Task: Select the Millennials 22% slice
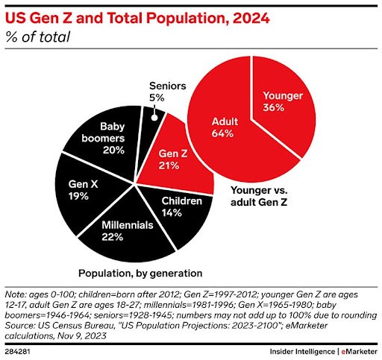(x=125, y=233)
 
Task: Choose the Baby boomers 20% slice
(x=104, y=139)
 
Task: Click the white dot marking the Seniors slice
(x=154, y=117)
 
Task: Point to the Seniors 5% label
(x=167, y=92)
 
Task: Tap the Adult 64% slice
(x=224, y=129)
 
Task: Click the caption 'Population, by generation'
(x=140, y=274)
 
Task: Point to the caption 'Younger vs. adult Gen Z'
(x=259, y=196)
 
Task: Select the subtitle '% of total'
(x=38, y=37)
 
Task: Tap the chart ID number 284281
(x=17, y=352)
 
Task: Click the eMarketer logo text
(x=360, y=352)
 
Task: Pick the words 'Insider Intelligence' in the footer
(x=302, y=352)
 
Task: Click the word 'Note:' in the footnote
(x=16, y=294)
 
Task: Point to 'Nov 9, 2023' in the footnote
(x=82, y=336)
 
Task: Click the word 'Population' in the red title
(x=186, y=19)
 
